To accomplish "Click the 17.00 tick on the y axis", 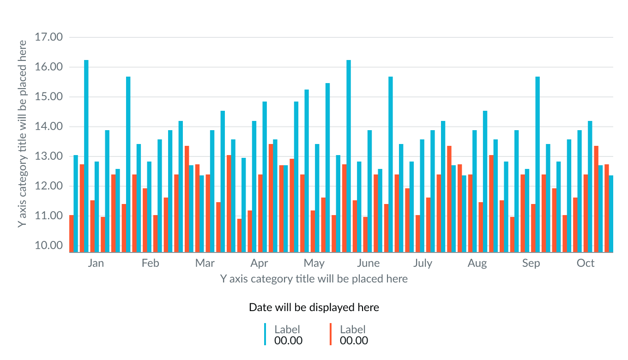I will (48, 37).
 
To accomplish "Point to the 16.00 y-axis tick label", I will (48, 67).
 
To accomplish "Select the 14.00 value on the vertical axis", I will (48, 126).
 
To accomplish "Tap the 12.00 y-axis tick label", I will (48, 186).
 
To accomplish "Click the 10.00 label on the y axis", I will (48, 245).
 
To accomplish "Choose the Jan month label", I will (96, 263).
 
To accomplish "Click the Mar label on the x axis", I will (205, 263).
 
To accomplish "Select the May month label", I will (314, 263).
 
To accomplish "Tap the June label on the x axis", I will (368, 263).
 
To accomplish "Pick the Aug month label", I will (477, 263).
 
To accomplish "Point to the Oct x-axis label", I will (586, 263).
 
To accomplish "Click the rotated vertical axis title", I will (22, 133).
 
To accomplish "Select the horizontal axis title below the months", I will (314, 279).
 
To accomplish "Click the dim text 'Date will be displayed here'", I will (314, 307).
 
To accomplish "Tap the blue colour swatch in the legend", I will (265, 334).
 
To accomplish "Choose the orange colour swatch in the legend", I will (331, 334).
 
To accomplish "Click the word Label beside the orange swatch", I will (353, 329).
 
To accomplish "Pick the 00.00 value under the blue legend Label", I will (288, 341).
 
